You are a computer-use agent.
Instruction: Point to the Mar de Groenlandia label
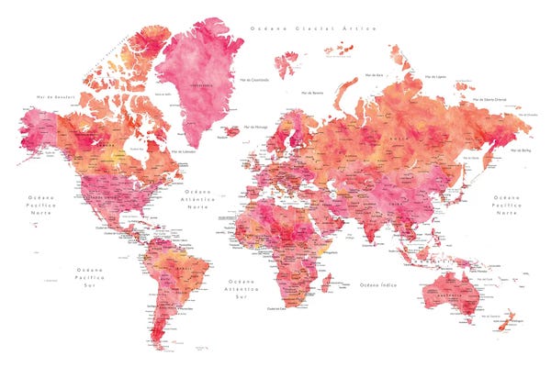pyautogui.click(x=254, y=80)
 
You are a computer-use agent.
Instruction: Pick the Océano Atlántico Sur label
pyautogui.click(x=242, y=287)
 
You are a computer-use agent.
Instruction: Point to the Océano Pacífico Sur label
pyautogui.click(x=91, y=276)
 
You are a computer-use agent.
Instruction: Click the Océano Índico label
pyautogui.click(x=377, y=284)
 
